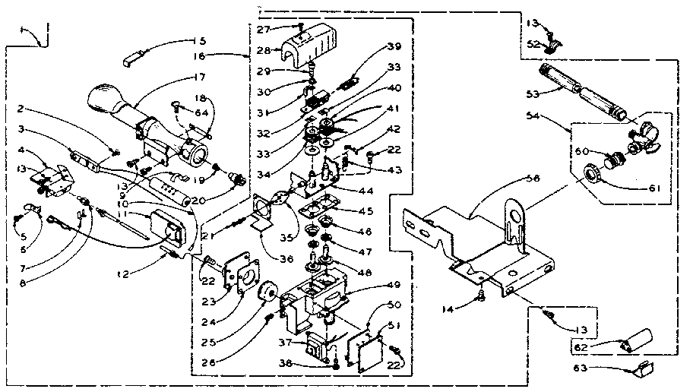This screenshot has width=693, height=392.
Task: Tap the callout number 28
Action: coord(264,50)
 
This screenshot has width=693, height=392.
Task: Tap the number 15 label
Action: coord(200,40)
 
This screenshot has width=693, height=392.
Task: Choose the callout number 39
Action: coord(393,47)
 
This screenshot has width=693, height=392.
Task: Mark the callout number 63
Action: coord(581,368)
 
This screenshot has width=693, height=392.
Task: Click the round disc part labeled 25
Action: coord(269,295)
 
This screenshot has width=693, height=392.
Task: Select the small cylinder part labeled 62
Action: coord(637,337)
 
